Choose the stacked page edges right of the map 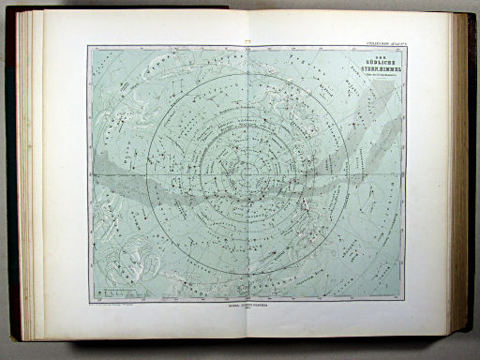456,178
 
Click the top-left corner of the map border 89,46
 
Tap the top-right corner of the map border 405,46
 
